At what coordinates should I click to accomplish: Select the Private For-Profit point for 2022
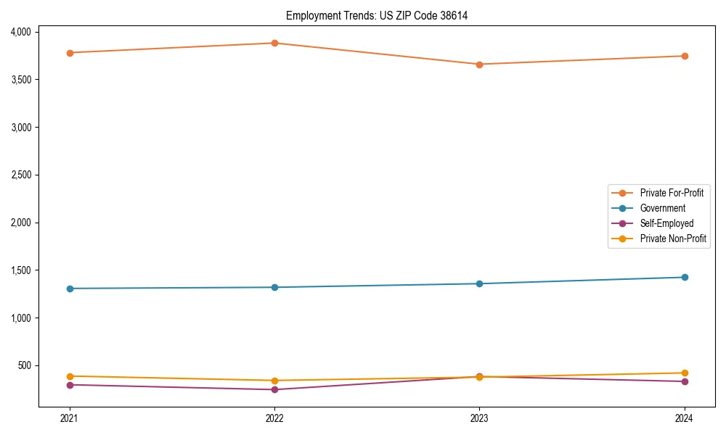click(x=274, y=43)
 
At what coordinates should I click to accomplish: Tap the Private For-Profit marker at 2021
click(x=70, y=53)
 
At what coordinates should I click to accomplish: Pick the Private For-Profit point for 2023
click(x=479, y=65)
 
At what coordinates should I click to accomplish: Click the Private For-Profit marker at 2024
click(x=685, y=56)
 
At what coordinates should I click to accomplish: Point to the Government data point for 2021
click(x=70, y=289)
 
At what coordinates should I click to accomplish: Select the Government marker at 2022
click(x=274, y=287)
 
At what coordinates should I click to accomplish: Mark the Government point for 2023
click(x=479, y=283)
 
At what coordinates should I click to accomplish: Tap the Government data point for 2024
click(x=685, y=277)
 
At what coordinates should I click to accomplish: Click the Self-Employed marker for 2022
click(x=274, y=389)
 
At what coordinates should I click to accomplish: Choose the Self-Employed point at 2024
click(x=685, y=381)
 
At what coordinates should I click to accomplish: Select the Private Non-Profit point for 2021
click(x=70, y=376)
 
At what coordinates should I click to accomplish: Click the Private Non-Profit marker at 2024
click(x=685, y=373)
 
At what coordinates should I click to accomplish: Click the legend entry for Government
click(x=662, y=208)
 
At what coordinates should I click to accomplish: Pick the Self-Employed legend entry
click(x=666, y=223)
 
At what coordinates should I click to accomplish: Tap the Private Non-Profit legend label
click(x=673, y=239)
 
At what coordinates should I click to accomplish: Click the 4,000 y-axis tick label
click(x=20, y=32)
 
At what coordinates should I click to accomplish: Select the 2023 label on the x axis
click(x=479, y=418)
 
